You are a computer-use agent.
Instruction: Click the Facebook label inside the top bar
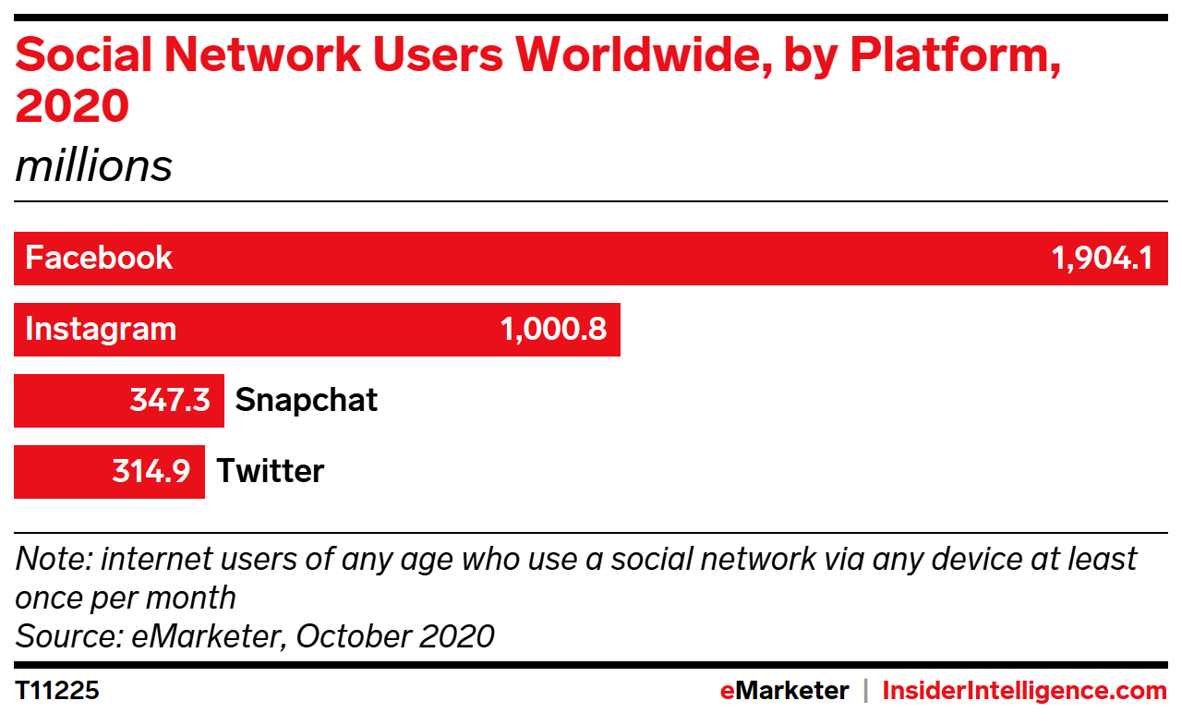pos(99,258)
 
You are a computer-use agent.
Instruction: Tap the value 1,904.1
pos(1103,259)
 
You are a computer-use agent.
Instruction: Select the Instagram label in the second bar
pos(101,330)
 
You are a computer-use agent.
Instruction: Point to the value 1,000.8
pos(553,330)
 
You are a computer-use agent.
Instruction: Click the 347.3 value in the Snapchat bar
pos(170,399)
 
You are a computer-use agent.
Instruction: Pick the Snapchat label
pos(306,401)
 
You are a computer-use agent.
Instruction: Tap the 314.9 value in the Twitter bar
pos(151,471)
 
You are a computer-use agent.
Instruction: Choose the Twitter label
pos(271,471)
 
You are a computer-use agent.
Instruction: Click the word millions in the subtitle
pos(94,165)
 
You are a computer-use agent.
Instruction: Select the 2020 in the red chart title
pos(72,105)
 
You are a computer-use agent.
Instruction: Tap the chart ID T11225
pos(57,690)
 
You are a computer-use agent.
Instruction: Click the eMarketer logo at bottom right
pos(784,690)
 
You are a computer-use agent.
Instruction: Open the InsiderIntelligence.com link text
pos(1025,691)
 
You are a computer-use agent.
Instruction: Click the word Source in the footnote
pos(69,635)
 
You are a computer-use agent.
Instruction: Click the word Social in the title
pos(84,54)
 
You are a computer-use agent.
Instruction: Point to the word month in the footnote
pos(190,598)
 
